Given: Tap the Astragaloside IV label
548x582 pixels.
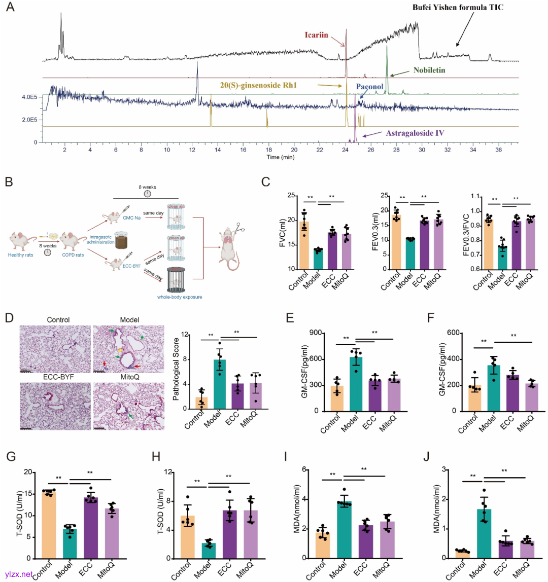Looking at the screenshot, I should click(415, 133).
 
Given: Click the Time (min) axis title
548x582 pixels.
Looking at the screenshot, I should click(281, 158).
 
